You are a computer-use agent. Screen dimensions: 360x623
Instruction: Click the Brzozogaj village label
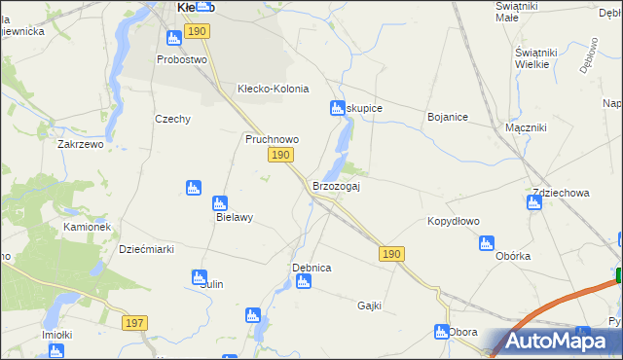336,186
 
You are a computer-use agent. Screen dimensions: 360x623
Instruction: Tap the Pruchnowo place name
271,139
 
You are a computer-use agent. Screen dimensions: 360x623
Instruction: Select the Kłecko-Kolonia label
273,89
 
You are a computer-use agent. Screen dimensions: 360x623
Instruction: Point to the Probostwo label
183,59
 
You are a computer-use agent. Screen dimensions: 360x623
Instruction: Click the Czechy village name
172,119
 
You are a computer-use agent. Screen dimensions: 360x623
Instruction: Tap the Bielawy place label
234,217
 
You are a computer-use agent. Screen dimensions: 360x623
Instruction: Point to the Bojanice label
448,117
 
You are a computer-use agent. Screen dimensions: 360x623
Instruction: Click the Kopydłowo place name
454,221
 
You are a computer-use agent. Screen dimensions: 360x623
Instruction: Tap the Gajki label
369,305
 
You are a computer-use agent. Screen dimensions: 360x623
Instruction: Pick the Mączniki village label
526,127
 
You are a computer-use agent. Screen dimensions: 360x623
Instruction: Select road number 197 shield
135,322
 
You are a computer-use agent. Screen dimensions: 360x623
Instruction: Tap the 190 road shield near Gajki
390,254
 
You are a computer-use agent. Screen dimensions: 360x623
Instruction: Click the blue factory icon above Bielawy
193,187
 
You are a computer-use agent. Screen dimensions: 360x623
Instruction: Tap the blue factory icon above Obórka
488,243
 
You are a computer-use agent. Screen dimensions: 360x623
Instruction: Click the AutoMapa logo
554,342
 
